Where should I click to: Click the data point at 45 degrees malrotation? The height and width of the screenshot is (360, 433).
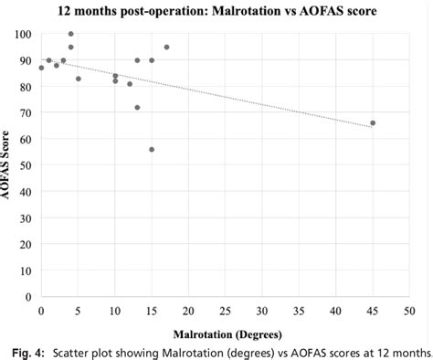click(373, 123)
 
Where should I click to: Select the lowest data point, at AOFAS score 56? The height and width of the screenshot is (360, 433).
click(152, 149)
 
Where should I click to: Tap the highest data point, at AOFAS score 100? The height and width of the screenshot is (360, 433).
click(70, 34)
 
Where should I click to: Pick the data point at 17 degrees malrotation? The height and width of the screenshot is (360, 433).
click(166, 47)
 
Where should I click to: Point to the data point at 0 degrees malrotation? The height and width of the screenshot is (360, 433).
click(41, 68)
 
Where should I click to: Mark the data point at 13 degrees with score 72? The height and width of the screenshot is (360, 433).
click(137, 107)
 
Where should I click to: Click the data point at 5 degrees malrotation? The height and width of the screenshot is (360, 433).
click(78, 79)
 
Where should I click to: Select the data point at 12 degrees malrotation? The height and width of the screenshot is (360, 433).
click(130, 83)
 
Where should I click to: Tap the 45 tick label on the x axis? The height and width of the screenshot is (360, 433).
click(373, 311)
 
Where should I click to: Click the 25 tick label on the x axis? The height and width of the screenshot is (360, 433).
click(225, 311)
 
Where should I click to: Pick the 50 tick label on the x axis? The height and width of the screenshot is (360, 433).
click(409, 311)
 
